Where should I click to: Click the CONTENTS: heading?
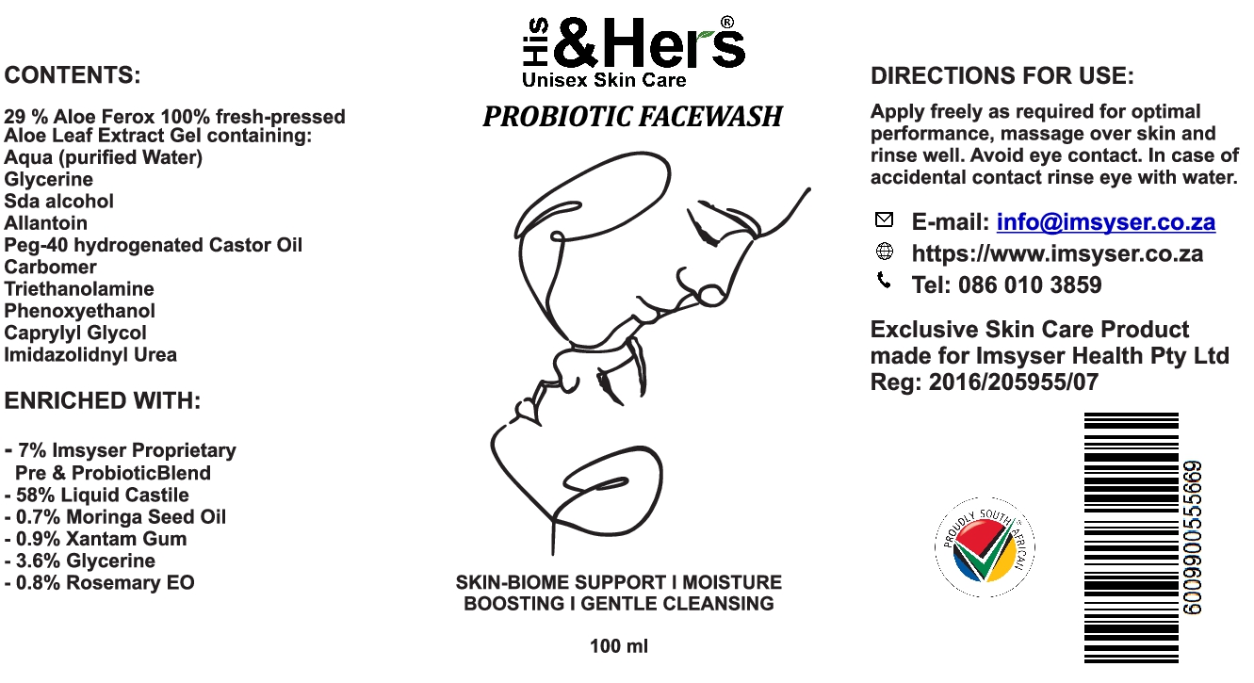(73, 75)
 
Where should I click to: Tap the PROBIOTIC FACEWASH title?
(632, 117)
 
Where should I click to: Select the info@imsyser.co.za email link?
(1105, 223)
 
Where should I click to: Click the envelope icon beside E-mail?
(884, 220)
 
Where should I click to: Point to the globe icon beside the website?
(884, 252)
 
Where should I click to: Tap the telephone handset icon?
(884, 280)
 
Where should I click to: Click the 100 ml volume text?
(619, 647)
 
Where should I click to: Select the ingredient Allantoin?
(45, 223)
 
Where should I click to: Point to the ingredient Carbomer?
(50, 267)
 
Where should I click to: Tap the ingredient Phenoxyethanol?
(79, 311)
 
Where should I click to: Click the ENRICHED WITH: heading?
(103, 401)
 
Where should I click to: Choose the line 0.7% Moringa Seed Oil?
(120, 517)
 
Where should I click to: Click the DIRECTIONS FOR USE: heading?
(1002, 76)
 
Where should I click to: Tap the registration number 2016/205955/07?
(1013, 382)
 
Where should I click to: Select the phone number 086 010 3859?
(1030, 285)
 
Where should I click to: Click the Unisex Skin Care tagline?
(604, 80)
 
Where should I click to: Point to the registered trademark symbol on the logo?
(726, 22)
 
